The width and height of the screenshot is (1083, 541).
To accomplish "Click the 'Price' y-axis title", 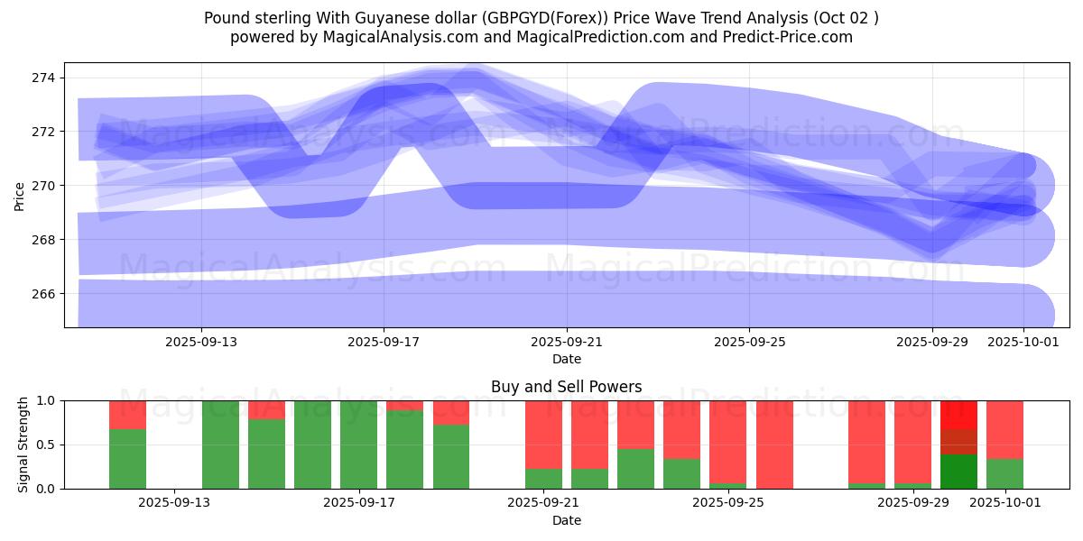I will tap(20, 195).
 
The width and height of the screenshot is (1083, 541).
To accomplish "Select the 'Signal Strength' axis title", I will tap(23, 445).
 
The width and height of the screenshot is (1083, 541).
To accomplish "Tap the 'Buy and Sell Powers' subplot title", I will tap(567, 387).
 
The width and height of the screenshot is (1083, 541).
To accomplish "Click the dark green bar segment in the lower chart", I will tap(958, 471).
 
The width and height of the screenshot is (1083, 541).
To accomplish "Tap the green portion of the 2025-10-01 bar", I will tap(1004, 473).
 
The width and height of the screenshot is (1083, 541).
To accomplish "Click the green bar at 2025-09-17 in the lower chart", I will tap(359, 445).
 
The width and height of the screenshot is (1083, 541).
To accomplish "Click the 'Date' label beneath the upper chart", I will tap(567, 359).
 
